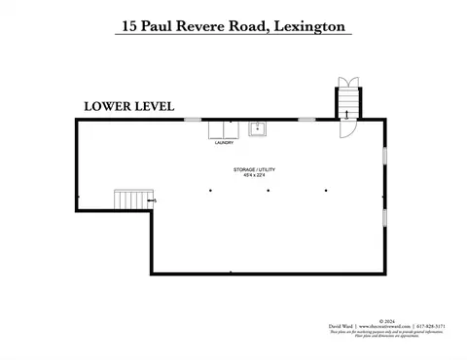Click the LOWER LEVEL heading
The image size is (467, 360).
point(128,106)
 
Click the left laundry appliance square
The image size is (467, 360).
point(214,130)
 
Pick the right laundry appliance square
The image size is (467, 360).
point(232,130)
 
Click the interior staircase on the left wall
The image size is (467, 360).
point(130,199)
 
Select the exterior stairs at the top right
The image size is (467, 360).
point(348,102)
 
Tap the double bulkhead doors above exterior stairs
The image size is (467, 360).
point(348,81)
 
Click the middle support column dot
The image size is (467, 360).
point(268,191)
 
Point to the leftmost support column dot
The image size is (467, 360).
point(210,191)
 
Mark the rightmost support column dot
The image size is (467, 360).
point(326,191)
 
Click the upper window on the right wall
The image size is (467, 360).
point(385,155)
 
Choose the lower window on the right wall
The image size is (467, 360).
point(385,222)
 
